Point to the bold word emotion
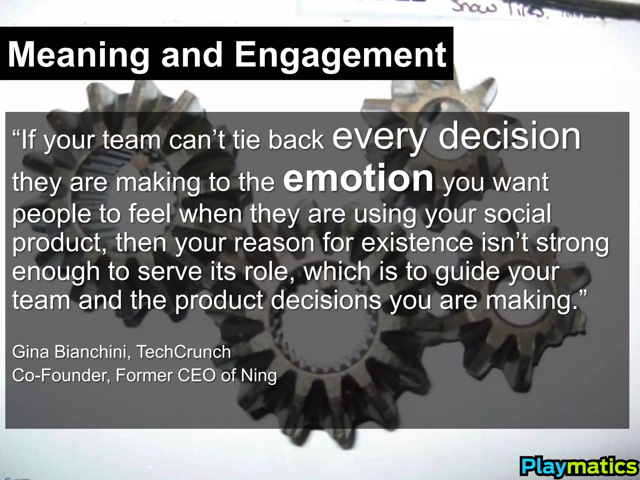(x=358, y=179)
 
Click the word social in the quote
(x=517, y=214)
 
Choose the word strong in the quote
(x=572, y=243)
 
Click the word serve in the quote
(x=170, y=271)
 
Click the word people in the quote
(x=51, y=214)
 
